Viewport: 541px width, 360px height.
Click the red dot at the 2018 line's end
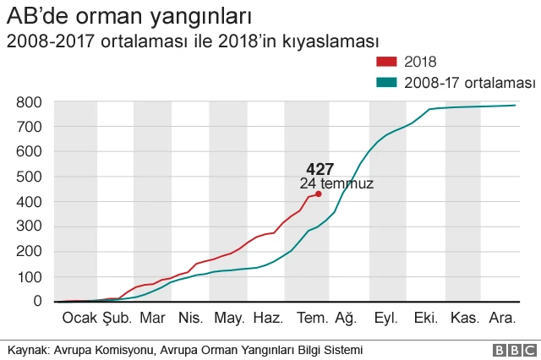(318, 194)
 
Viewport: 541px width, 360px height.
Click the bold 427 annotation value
(320, 168)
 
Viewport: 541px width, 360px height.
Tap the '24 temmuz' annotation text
(336, 183)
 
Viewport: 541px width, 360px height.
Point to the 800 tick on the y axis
(29, 102)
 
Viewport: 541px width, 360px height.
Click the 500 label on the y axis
(29, 177)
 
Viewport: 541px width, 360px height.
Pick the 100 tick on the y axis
(29, 276)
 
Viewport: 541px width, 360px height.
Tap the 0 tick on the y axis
(37, 301)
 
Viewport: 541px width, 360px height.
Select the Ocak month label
(79, 318)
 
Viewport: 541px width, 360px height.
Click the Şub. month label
(117, 318)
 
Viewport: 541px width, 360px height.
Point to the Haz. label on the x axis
(268, 318)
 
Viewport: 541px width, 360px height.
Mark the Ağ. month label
(346, 318)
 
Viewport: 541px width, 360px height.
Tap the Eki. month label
(425, 318)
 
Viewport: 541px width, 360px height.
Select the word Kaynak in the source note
(27, 350)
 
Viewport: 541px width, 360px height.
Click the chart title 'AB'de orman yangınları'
(128, 16)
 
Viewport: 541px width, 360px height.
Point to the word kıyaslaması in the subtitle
(333, 41)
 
